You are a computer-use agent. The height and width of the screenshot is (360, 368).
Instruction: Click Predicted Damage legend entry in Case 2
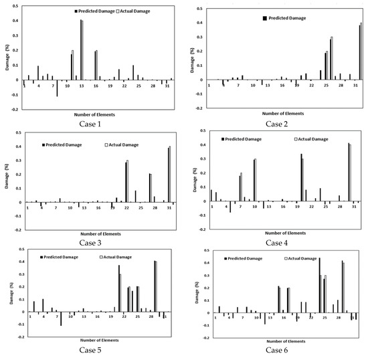(288, 20)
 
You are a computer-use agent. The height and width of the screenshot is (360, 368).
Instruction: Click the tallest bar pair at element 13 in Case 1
(82, 50)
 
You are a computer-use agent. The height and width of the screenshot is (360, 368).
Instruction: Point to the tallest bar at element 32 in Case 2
(360, 52)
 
